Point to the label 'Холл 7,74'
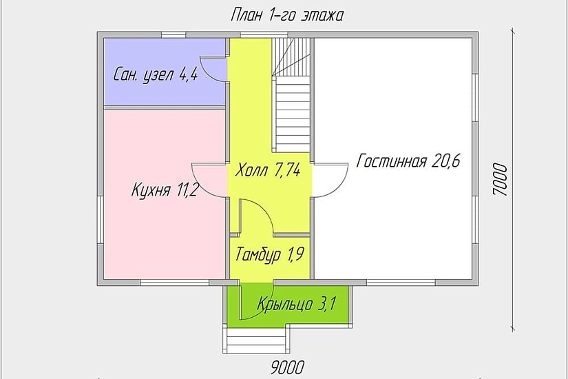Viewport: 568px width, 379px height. click(267, 170)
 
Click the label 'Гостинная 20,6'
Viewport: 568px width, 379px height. click(408, 162)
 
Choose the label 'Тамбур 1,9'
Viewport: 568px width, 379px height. click(270, 256)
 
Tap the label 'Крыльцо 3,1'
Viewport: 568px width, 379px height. click(296, 303)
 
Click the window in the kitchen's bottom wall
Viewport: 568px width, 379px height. click(172, 283)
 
